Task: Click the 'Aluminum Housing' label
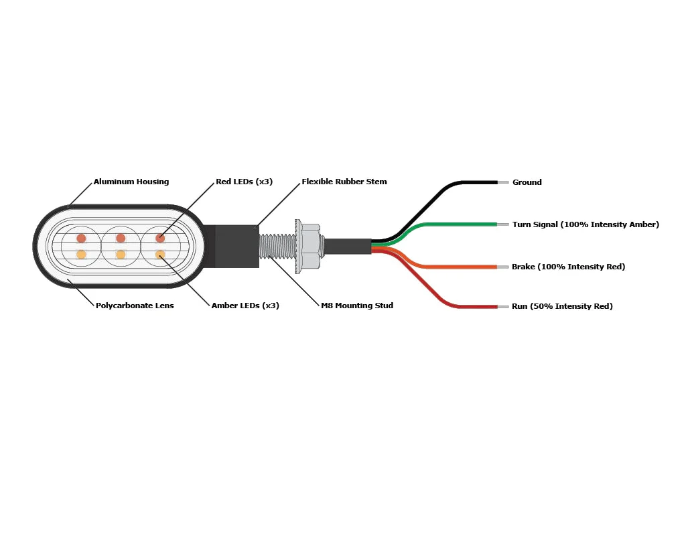[131, 182]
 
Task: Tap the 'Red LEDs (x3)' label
[244, 182]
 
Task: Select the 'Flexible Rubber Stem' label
[344, 182]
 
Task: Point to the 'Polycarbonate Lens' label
[135, 306]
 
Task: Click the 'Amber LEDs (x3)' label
[245, 306]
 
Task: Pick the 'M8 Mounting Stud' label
[357, 306]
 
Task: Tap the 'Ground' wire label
[527, 182]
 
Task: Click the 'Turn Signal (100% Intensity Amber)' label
[586, 224]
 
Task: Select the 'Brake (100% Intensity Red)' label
[568, 267]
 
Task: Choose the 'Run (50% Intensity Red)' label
[562, 306]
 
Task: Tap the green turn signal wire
[462, 224]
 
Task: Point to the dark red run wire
[469, 306]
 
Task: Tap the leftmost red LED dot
[81, 238]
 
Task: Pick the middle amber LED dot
[121, 255]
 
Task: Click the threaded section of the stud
[277, 246]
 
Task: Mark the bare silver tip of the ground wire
[503, 182]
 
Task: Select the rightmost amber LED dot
[160, 255]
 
